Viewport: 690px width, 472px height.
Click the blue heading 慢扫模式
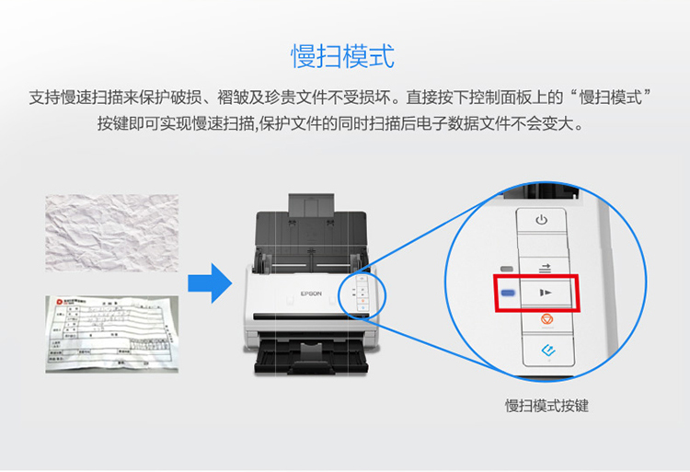click(x=343, y=55)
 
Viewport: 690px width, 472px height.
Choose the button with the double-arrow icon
click(x=544, y=267)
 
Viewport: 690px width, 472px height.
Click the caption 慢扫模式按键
click(x=546, y=405)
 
